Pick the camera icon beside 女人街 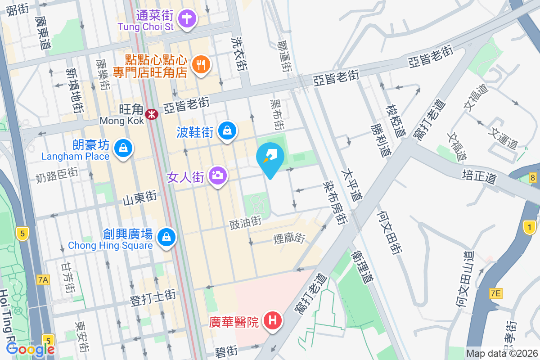(218, 175)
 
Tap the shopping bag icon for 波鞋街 (228, 131)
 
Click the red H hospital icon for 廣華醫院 (272, 321)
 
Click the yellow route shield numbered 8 (533, 178)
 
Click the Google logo (31, 349)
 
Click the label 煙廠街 (290, 238)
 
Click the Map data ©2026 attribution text (501, 353)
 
